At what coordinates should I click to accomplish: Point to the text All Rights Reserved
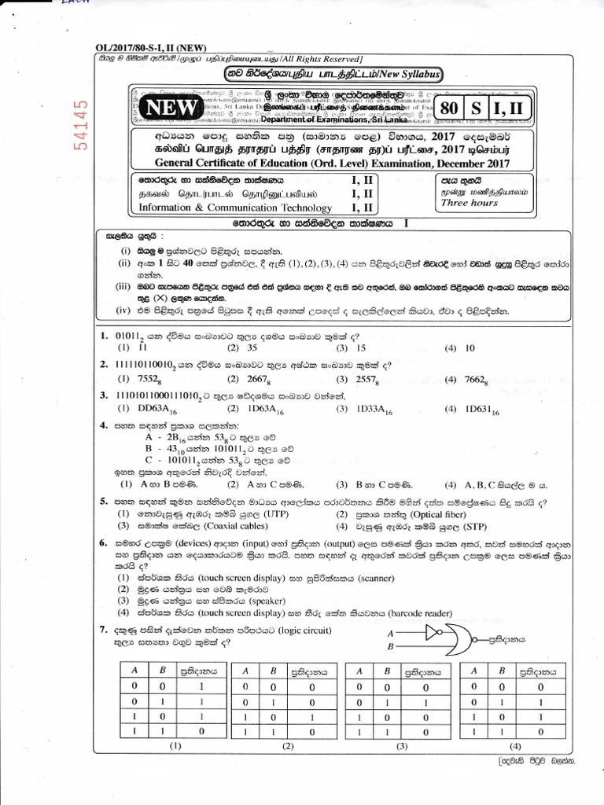318,60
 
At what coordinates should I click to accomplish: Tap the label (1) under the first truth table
175,744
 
